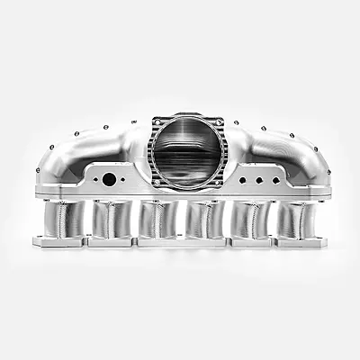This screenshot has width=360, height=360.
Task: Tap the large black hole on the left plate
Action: click(109, 179)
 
